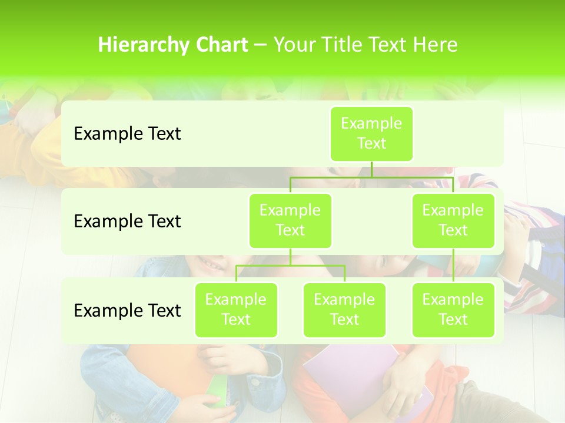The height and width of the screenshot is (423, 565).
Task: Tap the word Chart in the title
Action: tap(221, 45)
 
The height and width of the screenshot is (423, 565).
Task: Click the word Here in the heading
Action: tap(435, 45)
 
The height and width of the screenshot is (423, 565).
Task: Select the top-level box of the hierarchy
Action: tap(371, 133)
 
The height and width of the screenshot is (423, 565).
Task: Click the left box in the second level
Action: tap(290, 220)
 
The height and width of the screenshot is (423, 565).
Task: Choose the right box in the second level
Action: tap(453, 220)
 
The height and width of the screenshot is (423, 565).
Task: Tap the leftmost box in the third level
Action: tap(236, 310)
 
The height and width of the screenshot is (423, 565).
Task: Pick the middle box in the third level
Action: tap(344, 310)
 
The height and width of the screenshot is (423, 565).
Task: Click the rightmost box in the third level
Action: tap(453, 310)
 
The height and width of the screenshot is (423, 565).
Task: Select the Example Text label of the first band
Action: tap(127, 134)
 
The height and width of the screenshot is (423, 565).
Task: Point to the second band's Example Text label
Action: tap(127, 221)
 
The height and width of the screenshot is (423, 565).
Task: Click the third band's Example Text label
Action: tap(127, 311)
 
